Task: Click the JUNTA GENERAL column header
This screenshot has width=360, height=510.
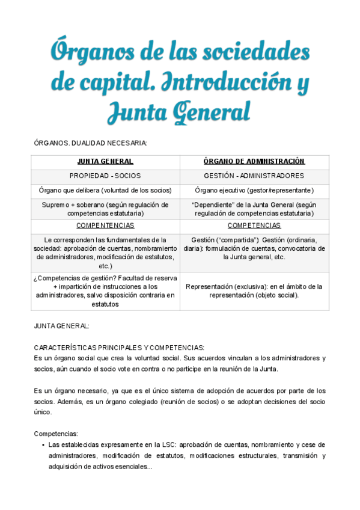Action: pos(105,161)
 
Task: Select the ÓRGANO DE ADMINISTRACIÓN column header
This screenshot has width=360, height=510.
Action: pos(254,161)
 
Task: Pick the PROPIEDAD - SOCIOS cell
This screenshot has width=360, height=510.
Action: pos(105,176)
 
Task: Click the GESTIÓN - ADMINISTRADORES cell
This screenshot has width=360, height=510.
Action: pos(254,176)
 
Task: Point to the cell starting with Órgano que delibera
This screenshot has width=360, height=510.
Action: pos(105,190)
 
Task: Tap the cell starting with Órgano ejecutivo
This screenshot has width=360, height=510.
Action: pos(254,190)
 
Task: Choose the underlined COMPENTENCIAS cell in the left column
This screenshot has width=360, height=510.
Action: pos(105,226)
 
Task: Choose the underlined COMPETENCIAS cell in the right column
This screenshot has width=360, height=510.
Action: pos(254,226)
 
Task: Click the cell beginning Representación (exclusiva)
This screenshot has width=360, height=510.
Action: pos(254,290)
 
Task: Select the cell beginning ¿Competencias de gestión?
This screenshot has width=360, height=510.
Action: pos(105,290)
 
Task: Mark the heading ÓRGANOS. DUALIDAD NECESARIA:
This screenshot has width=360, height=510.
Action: pos(91,143)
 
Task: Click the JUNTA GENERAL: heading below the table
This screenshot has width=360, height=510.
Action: pos(62,326)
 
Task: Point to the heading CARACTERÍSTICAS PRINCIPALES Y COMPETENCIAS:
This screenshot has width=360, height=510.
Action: pos(120,348)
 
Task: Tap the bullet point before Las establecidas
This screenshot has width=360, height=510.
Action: pos(43,445)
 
